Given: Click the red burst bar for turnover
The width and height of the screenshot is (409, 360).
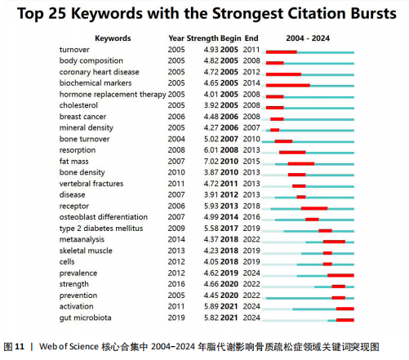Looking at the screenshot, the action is tap(282, 52).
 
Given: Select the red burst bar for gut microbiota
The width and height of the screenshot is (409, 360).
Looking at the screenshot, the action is tap(345, 320).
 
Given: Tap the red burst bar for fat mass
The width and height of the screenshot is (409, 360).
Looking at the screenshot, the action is tap(301, 164).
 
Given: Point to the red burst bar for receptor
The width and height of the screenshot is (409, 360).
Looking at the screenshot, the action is tap(314, 208).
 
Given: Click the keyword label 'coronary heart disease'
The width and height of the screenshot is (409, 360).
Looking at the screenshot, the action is tap(100, 72).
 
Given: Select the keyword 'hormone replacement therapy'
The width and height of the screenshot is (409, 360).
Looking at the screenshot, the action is tap(113, 95).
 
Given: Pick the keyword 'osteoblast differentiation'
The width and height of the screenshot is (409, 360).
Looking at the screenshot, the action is tap(104, 217).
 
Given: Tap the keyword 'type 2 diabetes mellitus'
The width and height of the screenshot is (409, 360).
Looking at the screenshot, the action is tap(101, 229).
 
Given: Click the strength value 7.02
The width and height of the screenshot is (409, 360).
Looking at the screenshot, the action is tap(211, 162).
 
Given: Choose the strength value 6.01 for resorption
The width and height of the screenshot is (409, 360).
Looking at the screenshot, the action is tap(211, 150).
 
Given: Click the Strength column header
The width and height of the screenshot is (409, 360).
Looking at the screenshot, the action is tap(202, 38).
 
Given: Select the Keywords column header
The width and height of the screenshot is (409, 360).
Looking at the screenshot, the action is tap(113, 38).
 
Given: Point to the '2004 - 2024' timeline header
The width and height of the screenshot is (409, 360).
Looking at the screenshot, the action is tap(308, 38).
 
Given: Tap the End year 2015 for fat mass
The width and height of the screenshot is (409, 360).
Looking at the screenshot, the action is tap(251, 162).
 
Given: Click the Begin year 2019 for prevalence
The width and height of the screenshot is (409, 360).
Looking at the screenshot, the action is tap(229, 273).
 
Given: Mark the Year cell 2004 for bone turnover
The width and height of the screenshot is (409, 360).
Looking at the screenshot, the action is tap(176, 139).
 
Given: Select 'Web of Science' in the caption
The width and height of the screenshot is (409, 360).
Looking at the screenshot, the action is tap(69, 346).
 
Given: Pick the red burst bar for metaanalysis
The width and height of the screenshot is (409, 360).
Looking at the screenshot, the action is tap(334, 242).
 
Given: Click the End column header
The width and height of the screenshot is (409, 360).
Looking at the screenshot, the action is tap(251, 38).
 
